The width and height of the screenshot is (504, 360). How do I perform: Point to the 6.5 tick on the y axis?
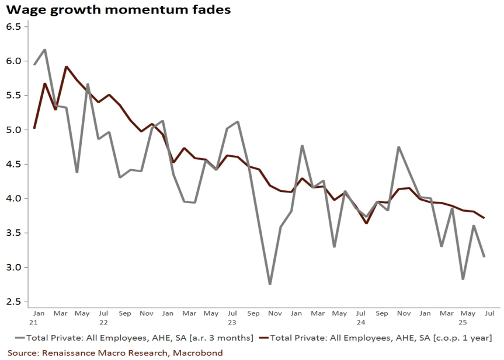click(x=13, y=27)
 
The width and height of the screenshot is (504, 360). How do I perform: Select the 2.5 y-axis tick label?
click(x=13, y=302)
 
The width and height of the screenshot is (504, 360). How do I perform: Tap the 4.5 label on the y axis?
click(x=13, y=165)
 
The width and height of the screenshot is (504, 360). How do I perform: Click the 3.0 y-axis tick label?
click(x=13, y=267)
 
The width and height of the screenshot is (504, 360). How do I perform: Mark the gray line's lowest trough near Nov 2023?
click(x=270, y=284)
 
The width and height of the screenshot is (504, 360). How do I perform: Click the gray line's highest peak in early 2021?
click(x=45, y=50)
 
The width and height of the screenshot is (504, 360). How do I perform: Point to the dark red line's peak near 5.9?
click(x=67, y=67)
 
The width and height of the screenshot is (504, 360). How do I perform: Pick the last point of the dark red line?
click(x=484, y=218)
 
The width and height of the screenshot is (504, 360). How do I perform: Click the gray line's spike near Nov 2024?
click(x=399, y=147)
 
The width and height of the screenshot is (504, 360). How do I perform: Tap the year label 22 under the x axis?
click(x=103, y=322)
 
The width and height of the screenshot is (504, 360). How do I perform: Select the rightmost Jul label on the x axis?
click(x=489, y=313)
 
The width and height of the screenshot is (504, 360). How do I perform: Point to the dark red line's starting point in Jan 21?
click(x=34, y=128)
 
